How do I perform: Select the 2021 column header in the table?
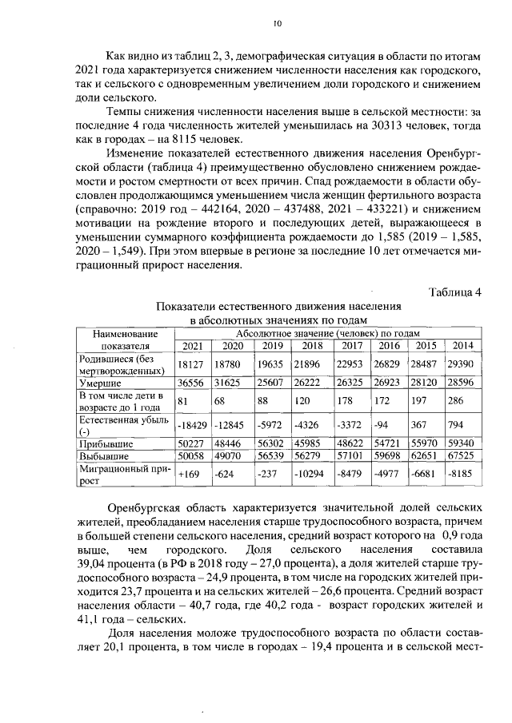click(192, 346)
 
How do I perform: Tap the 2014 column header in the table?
click(462, 346)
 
